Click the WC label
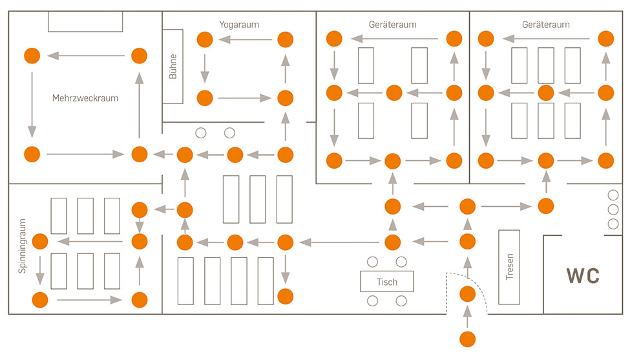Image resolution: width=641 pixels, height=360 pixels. [583, 276]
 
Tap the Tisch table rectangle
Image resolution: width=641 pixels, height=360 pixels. [386, 282]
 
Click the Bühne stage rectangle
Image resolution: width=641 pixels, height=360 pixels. [173, 66]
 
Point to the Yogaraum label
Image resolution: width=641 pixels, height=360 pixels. [239, 25]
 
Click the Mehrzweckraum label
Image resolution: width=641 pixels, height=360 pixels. [86, 98]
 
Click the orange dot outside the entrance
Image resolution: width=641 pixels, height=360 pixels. [467, 338]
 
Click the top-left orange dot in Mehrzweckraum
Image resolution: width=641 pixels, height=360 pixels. [31, 56]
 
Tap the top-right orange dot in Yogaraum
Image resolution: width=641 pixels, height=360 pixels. [285, 39]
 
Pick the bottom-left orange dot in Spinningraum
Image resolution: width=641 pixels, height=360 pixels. [40, 300]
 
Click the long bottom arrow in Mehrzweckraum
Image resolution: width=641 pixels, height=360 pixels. [84, 154]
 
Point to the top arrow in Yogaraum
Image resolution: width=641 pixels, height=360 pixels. [245, 39]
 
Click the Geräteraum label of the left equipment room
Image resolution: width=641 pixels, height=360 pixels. [392, 25]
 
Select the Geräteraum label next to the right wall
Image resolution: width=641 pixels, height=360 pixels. [545, 25]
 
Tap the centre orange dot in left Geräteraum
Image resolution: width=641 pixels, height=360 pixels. [394, 93]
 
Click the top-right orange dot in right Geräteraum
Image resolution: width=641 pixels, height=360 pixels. [605, 37]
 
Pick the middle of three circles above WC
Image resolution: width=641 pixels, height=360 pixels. [613, 209]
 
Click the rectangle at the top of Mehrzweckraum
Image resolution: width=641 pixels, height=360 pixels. [85, 21]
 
